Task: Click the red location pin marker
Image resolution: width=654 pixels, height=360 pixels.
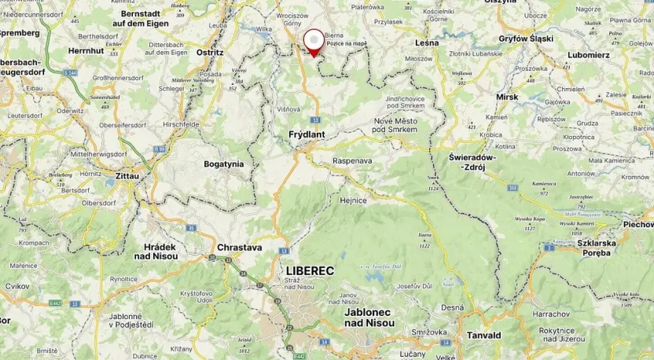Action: point(314,41)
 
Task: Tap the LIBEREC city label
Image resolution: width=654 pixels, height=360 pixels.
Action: point(310,271)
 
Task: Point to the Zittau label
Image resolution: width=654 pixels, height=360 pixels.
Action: point(127,176)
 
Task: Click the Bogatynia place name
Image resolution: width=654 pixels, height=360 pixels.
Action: point(224,164)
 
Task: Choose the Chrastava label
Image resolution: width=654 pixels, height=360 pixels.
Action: point(239,247)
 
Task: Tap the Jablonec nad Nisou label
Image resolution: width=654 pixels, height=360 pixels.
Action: point(367,318)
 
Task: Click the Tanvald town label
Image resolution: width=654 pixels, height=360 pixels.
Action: point(483,335)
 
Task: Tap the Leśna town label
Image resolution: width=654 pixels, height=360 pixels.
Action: point(427,42)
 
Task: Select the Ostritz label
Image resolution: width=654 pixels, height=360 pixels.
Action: point(210,53)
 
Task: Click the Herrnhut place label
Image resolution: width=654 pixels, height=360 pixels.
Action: point(86,50)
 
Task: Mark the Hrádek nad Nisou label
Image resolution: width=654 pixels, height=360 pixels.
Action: point(155,252)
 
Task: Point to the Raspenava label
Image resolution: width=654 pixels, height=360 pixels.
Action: point(352,161)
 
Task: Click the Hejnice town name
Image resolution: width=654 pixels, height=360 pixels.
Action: point(353,200)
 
